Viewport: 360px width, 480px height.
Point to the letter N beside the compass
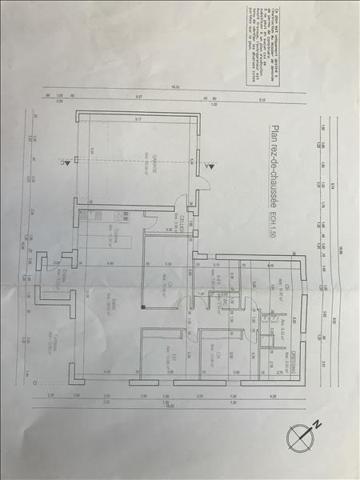[317, 424]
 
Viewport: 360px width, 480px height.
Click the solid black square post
[143, 306]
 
